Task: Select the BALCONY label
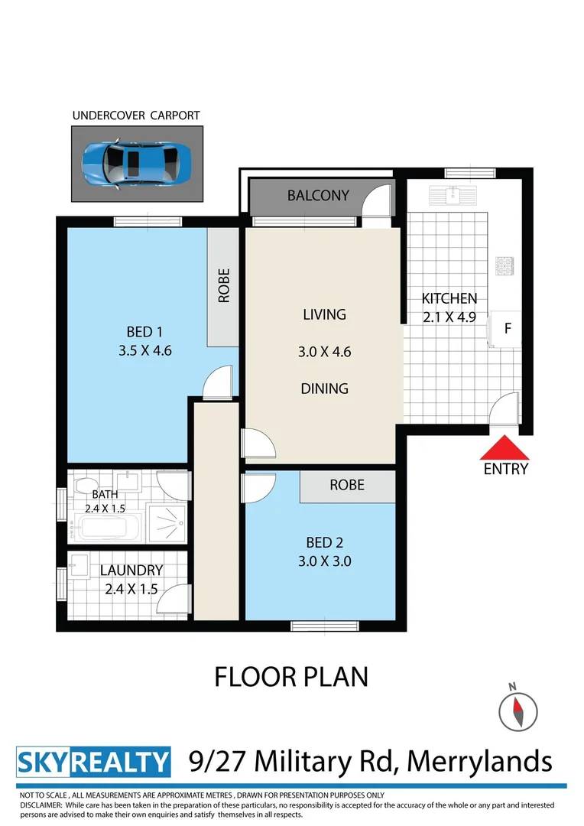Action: coord(318,196)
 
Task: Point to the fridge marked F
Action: coord(508,329)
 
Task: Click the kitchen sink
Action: coord(453,196)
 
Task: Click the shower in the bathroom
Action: coord(167,522)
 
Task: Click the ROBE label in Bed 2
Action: coord(347,485)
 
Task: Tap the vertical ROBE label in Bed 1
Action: coord(224,285)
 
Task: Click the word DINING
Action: coord(324,389)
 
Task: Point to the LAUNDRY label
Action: coord(131,571)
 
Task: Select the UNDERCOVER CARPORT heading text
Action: coord(136,116)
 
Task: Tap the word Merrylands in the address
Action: coord(479,761)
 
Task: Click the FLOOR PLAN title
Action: coord(291,677)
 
